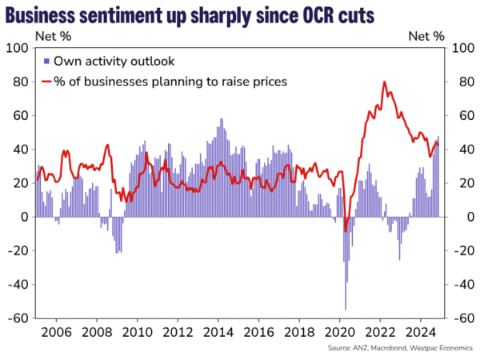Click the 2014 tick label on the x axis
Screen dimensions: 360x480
(x=218, y=332)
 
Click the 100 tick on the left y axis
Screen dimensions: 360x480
(x=18, y=48)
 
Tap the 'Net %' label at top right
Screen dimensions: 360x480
(x=426, y=35)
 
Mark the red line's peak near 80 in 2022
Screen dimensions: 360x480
(x=385, y=82)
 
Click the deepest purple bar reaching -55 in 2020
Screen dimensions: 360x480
(x=346, y=309)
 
